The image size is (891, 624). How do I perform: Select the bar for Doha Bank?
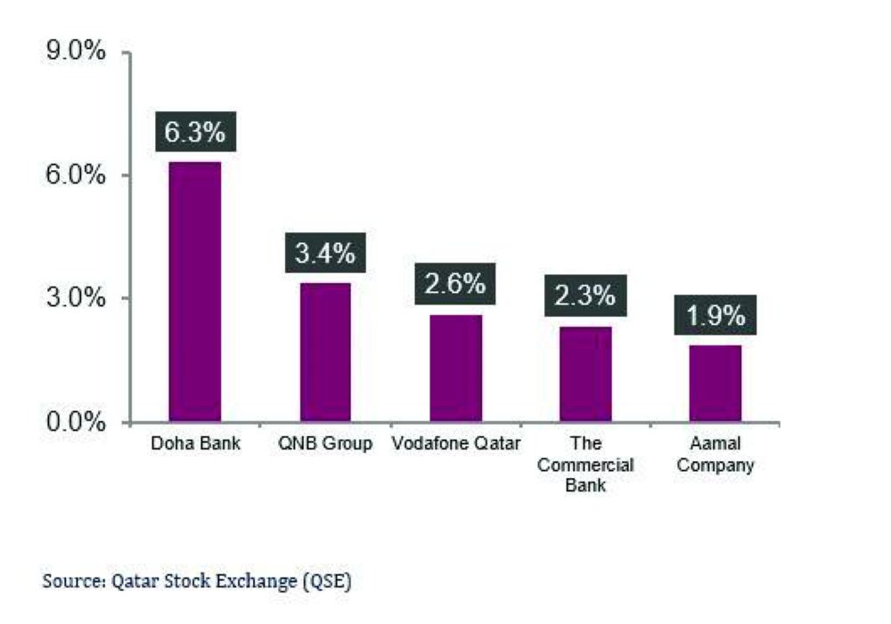coord(195,291)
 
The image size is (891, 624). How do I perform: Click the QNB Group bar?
coord(325,352)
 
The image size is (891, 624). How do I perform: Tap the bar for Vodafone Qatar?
coord(455,368)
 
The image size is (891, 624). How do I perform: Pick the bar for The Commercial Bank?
coord(585,374)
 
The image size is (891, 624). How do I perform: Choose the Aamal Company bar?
coord(715,383)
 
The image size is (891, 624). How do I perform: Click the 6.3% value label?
coord(195,133)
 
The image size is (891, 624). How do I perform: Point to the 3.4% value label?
coord(325,253)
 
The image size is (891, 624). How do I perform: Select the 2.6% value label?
coord(455,285)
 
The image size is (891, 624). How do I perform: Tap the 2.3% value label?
coord(585,296)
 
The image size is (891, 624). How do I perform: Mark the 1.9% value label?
coord(715,316)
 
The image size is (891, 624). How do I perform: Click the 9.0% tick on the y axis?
coord(76,53)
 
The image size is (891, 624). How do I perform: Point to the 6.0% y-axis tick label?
coord(76,175)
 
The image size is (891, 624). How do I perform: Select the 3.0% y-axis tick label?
coord(76,298)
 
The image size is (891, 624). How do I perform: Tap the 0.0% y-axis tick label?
coord(76,421)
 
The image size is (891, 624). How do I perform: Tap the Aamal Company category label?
coord(715,454)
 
